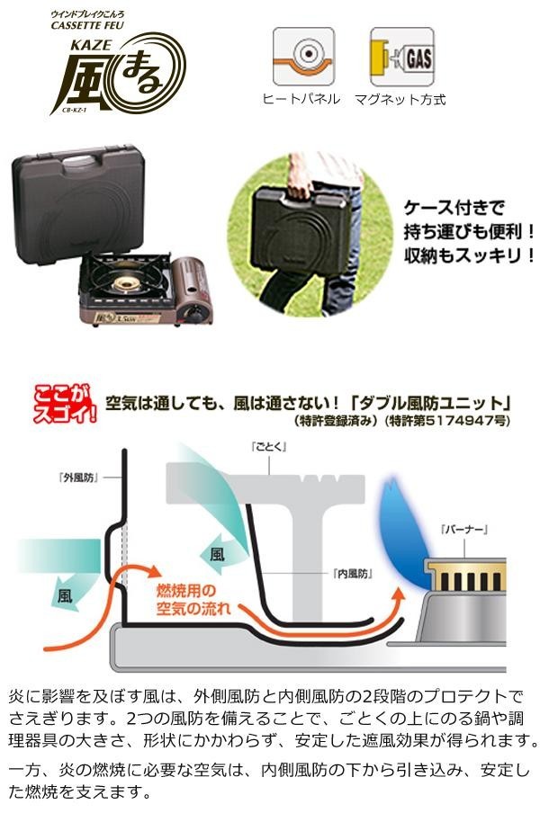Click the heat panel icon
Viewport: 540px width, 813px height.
click(x=303, y=58)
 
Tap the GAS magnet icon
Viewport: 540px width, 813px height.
click(x=401, y=58)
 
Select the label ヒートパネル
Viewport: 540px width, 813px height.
click(x=301, y=99)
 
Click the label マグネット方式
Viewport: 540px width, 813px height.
click(x=400, y=99)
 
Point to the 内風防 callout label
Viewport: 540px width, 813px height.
click(x=352, y=572)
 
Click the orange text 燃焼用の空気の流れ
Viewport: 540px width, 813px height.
click(x=194, y=600)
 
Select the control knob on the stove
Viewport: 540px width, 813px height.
click(x=191, y=311)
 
